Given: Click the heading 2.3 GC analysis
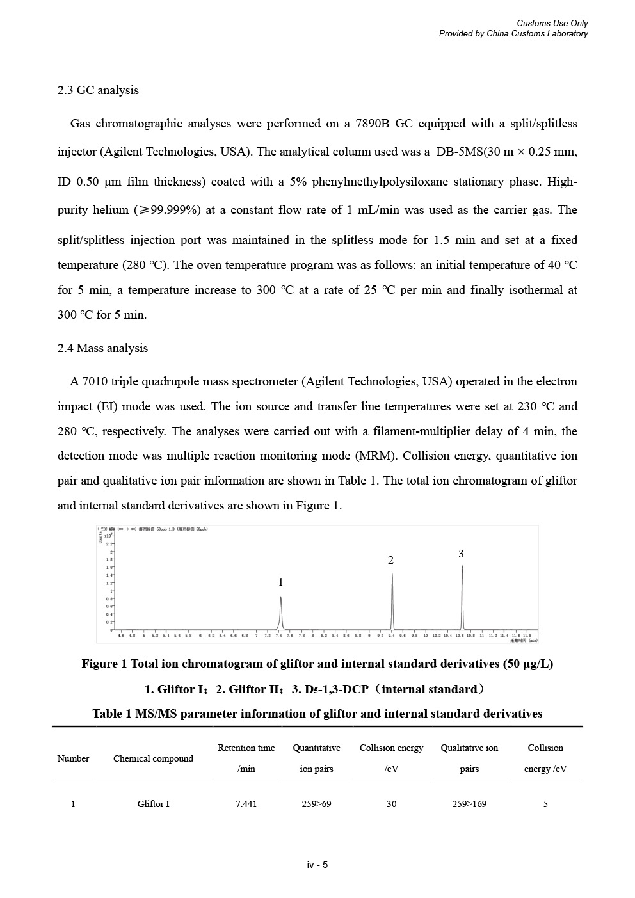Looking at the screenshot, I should coord(98,90).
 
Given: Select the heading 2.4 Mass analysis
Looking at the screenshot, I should coord(102,348).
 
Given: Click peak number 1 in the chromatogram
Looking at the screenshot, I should coord(280,612).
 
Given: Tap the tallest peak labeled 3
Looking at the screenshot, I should coord(462,595).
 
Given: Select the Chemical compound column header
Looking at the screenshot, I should coord(153,758).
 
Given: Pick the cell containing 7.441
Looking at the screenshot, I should coord(246,804).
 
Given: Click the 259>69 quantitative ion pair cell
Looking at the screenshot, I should coord(316,804).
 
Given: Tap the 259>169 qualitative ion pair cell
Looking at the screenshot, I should coord(469,804).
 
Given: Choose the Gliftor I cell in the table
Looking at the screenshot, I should coord(153,804).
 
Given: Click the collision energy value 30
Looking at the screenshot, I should coord(391,804).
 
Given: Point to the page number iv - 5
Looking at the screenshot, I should coord(317,865).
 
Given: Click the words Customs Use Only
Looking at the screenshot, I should coord(552,24).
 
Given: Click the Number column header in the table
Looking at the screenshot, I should coord(73,758).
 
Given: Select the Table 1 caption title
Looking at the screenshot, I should coord(317,714).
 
